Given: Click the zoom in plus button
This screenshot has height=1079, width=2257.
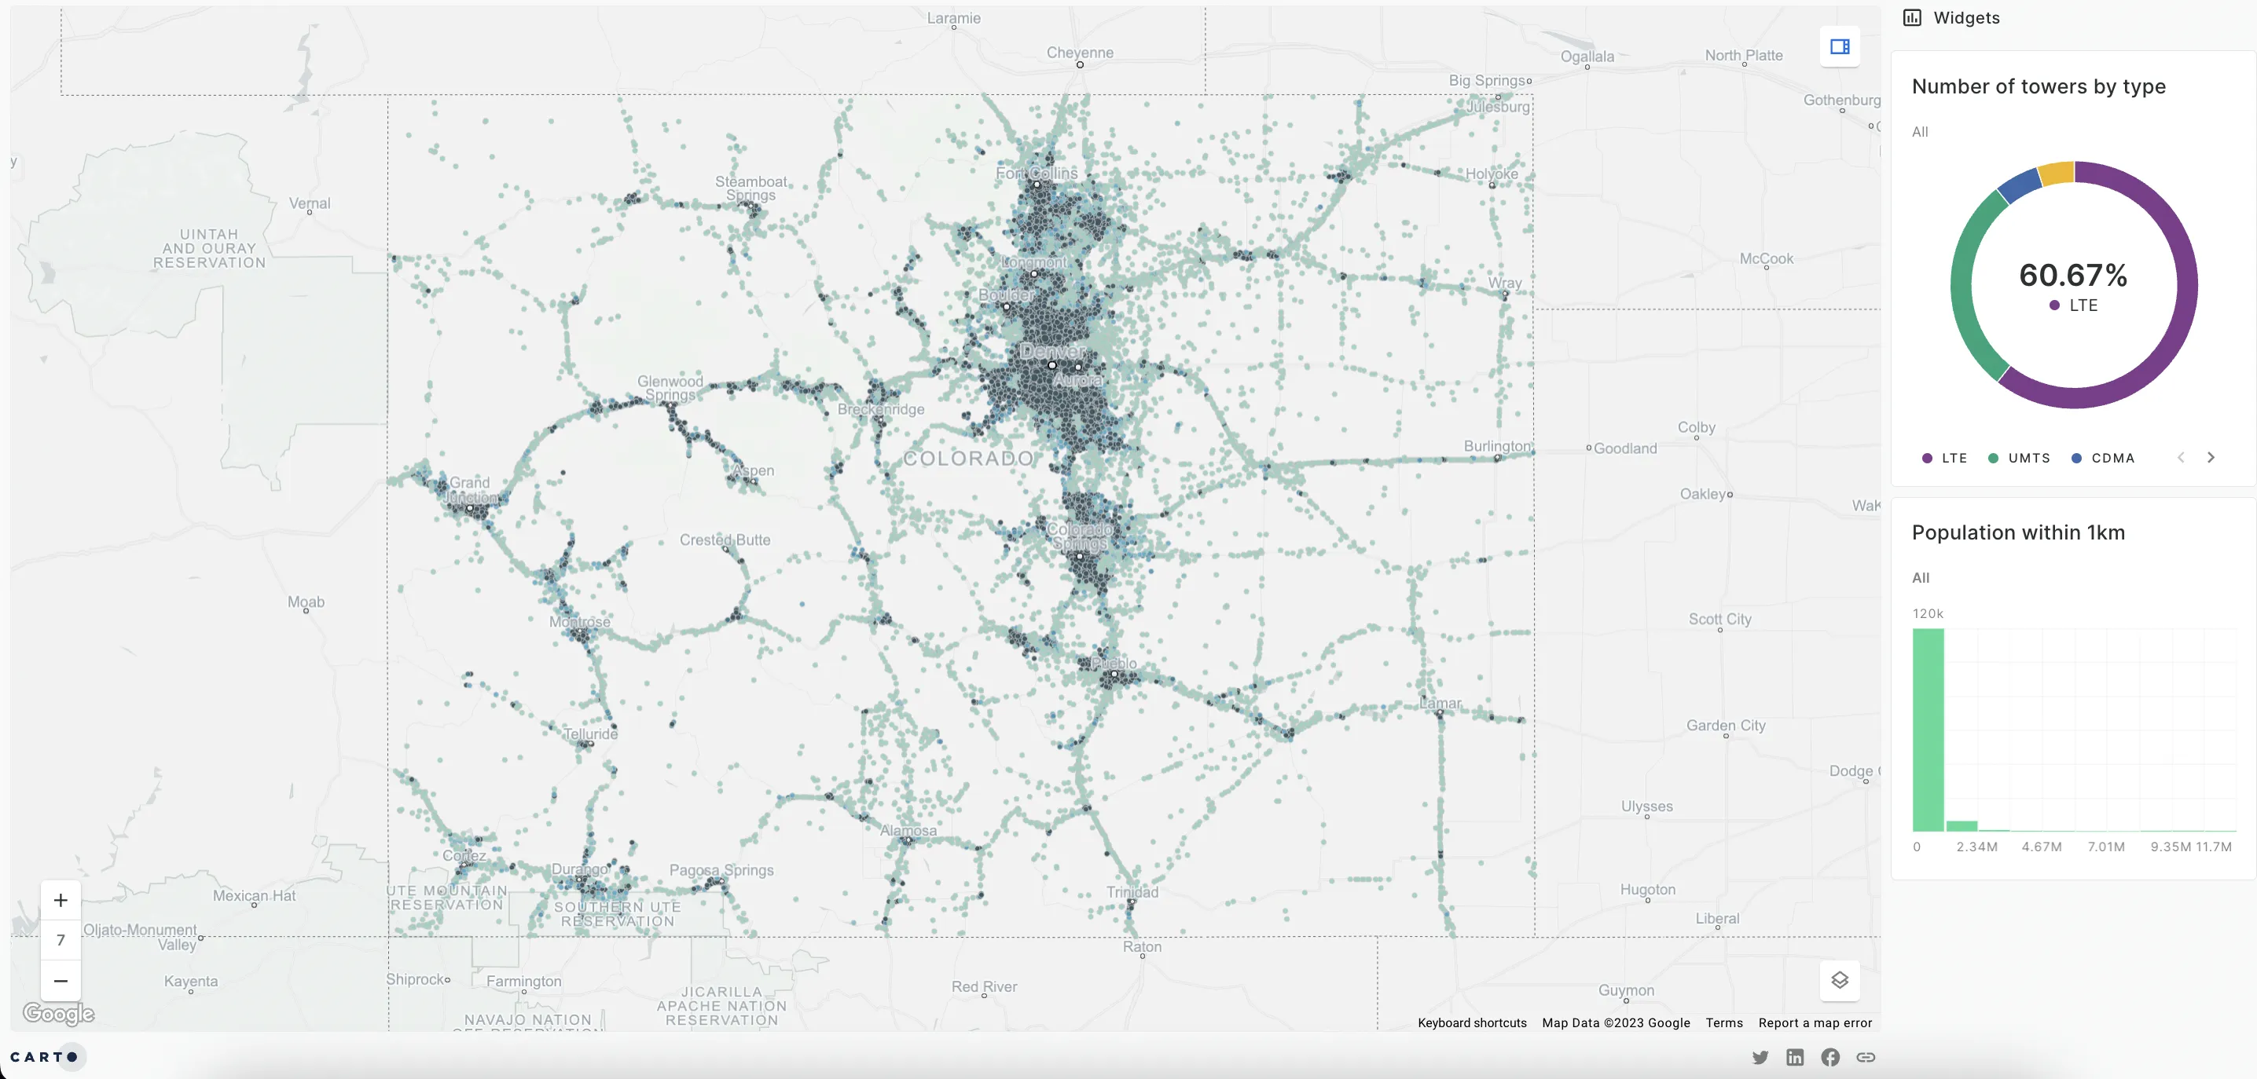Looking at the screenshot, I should coord(61,900).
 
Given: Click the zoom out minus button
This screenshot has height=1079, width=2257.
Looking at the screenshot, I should coord(61,981).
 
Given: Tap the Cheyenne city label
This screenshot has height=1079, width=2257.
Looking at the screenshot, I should coord(1080,53).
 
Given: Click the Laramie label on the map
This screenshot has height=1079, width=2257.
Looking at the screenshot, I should coord(953,18).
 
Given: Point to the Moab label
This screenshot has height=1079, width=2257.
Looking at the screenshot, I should coord(306,602).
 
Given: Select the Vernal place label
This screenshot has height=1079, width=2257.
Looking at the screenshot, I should coord(310,203).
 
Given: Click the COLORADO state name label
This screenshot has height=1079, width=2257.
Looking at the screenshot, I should coord(968,458).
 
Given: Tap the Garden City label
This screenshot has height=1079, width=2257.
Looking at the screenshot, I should coord(1725,725).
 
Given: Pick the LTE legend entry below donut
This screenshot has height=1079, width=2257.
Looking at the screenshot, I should coord(1944,458).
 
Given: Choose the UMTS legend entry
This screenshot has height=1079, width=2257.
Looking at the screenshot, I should coord(2019,458).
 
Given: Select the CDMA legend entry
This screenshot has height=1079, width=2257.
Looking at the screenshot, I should coord(2103,458).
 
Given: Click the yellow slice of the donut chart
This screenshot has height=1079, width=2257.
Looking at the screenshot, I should coord(2057,174).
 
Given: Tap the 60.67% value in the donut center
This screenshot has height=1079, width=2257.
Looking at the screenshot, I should coord(2073,275).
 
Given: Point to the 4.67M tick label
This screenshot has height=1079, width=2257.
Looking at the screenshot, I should coord(2042,847).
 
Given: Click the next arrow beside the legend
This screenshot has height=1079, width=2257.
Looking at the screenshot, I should coord(2211,457).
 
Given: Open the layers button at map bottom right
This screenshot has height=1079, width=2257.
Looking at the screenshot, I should coord(1839,980).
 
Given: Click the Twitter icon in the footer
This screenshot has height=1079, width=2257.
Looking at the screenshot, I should coord(1760,1057).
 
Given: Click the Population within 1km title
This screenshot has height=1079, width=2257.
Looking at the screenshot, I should coord(2018,532).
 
